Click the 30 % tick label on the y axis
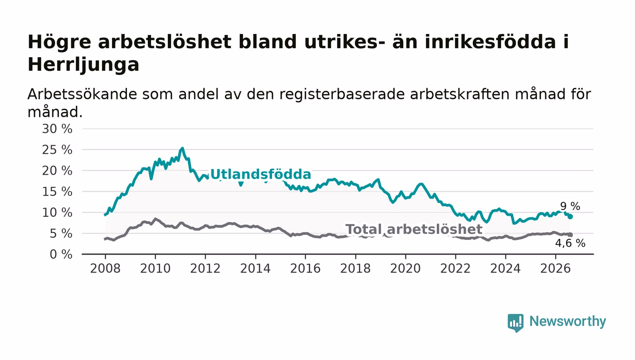57,129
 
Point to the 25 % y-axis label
57,150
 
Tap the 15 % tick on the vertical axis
57,192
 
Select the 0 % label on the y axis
61,254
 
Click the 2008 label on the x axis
105,269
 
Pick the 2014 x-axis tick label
255,269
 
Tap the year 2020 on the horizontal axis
405,269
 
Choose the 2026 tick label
555,269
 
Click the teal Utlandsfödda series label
261,174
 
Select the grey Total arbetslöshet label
414,229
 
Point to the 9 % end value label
570,206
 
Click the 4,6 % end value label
570,243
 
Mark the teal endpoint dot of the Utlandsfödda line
571,217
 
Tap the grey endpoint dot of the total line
571,235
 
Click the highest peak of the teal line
182,148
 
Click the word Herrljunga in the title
83,65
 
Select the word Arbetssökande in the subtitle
82,94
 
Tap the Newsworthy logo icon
515,323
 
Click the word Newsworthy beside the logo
567,322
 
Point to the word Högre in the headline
59,43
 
